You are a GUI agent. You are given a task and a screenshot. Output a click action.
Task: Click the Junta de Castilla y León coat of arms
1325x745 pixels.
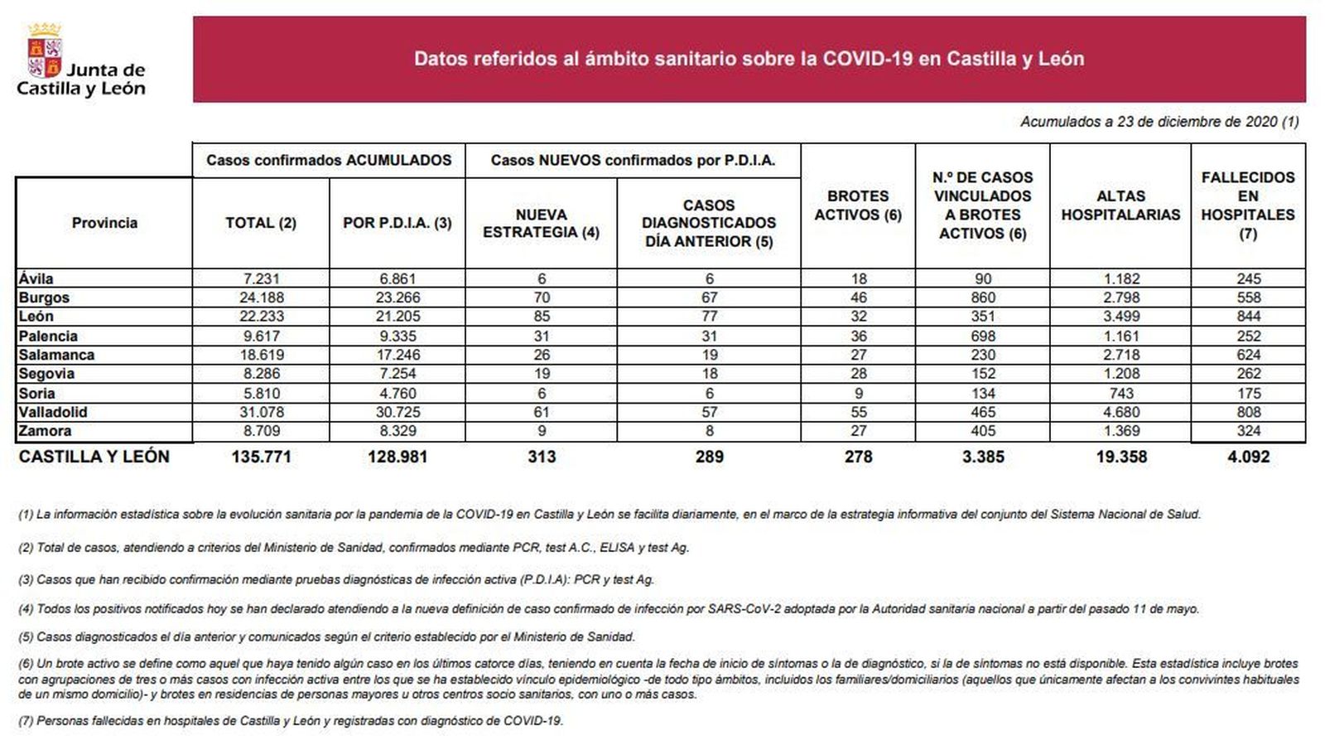coord(45,51)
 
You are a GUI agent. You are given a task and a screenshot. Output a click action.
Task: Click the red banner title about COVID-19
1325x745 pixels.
coord(749,59)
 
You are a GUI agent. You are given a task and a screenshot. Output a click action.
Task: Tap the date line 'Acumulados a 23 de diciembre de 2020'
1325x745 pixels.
coord(1159,122)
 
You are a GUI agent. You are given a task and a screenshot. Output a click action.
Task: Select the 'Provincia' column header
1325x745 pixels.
coord(104,223)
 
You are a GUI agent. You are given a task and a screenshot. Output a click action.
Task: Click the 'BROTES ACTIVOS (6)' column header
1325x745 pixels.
coord(858,206)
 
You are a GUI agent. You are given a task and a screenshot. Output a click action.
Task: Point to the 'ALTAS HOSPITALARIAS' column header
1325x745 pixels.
coord(1120,206)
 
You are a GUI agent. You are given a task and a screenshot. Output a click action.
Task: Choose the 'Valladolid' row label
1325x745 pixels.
coord(53,412)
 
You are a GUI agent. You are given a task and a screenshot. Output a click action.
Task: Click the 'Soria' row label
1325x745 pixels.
coord(37,393)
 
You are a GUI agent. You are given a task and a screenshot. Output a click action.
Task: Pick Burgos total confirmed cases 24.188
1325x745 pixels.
coord(261,298)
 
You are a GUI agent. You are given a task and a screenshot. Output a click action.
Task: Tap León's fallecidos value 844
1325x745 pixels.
coord(1248,317)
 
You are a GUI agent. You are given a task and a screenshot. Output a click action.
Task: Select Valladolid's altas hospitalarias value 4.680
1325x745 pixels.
coord(1120,412)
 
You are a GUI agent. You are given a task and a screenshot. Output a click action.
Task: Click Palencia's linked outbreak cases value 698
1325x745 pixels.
coord(982,336)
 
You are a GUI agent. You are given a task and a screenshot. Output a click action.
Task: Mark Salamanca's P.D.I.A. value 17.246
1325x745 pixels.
coord(397,355)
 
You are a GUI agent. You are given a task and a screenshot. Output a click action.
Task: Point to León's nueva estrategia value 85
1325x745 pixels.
coord(541,317)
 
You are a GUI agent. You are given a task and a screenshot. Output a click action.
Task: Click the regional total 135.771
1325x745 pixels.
coord(261,457)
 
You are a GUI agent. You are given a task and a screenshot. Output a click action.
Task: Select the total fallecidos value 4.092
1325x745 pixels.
coord(1248,457)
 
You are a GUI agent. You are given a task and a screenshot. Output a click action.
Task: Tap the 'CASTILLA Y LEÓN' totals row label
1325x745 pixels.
coord(94,457)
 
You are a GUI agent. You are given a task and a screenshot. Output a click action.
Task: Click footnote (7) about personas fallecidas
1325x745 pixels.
coord(291,721)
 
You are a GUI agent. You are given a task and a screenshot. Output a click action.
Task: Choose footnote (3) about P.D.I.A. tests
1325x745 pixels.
coord(336,579)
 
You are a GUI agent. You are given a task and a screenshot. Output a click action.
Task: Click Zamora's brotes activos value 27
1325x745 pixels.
coord(858,431)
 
